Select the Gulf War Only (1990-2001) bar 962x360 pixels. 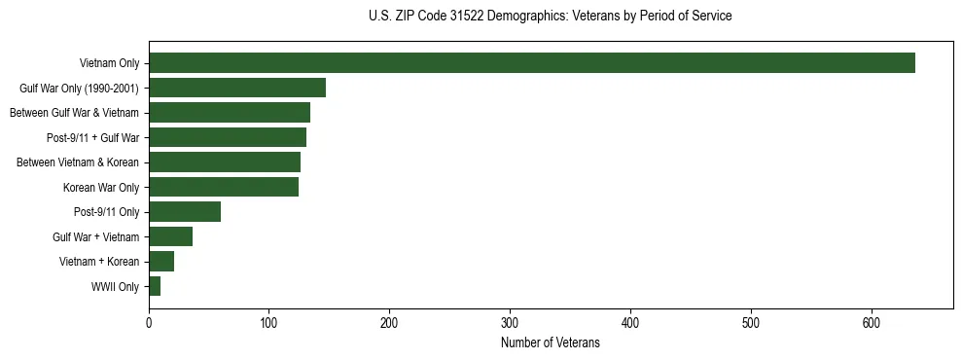pos(237,88)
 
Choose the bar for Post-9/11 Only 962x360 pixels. pos(185,212)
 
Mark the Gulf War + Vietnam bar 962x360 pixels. pos(170,236)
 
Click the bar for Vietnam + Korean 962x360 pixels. pos(161,261)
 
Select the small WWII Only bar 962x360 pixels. pos(155,286)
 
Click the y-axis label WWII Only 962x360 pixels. pos(115,287)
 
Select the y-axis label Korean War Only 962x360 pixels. pos(101,188)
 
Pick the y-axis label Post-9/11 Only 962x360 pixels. pos(106,212)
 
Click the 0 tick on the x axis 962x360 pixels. pos(149,322)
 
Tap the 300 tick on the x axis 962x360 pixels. pos(510,322)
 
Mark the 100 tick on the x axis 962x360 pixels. pos(269,322)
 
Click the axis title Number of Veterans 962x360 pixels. pos(550,342)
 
